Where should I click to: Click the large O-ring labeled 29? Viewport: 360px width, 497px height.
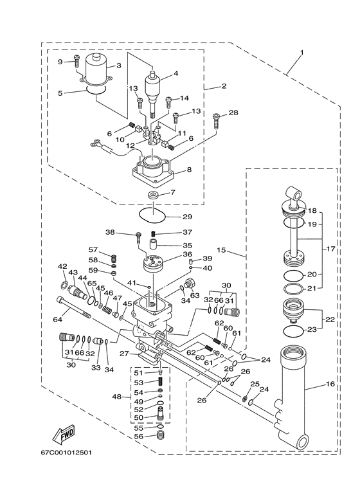click(x=152, y=212)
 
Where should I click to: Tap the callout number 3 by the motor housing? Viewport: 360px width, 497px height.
click(x=118, y=65)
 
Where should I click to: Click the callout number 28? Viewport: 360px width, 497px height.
click(x=233, y=113)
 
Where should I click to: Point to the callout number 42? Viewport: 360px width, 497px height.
click(x=63, y=266)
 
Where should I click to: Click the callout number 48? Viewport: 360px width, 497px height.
click(x=116, y=397)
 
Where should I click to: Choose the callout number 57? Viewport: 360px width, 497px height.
click(x=93, y=249)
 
